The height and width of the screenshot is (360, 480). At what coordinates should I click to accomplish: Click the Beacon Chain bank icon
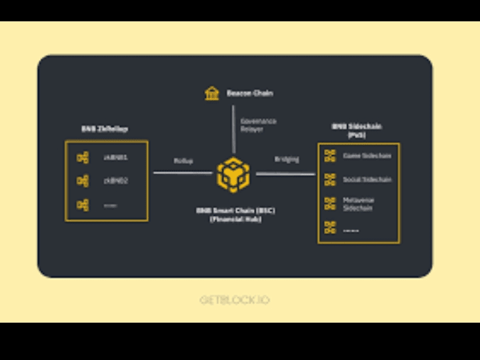click(212, 93)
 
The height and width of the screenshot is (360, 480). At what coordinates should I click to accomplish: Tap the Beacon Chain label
click(250, 93)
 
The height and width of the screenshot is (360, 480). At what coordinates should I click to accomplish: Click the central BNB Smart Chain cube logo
click(234, 173)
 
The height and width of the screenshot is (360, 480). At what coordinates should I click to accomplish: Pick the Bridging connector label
click(287, 159)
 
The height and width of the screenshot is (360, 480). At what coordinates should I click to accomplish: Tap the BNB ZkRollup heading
click(105, 129)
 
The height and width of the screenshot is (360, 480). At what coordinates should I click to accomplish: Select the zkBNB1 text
click(115, 157)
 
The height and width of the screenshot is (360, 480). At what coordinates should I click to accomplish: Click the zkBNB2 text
click(115, 181)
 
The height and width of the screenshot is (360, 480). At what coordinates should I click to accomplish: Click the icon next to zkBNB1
click(83, 157)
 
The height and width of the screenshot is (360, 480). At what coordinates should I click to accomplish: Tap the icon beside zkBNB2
click(83, 181)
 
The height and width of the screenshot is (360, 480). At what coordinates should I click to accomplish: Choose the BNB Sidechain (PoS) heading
click(357, 130)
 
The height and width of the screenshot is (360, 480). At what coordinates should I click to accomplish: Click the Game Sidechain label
click(367, 156)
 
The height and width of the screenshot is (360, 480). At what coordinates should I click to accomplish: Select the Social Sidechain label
click(367, 180)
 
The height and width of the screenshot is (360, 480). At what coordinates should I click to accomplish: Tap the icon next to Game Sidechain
click(330, 156)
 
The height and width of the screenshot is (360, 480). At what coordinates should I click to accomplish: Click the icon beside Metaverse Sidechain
click(330, 203)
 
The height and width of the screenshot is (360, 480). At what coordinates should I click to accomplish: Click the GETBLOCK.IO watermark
click(235, 300)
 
